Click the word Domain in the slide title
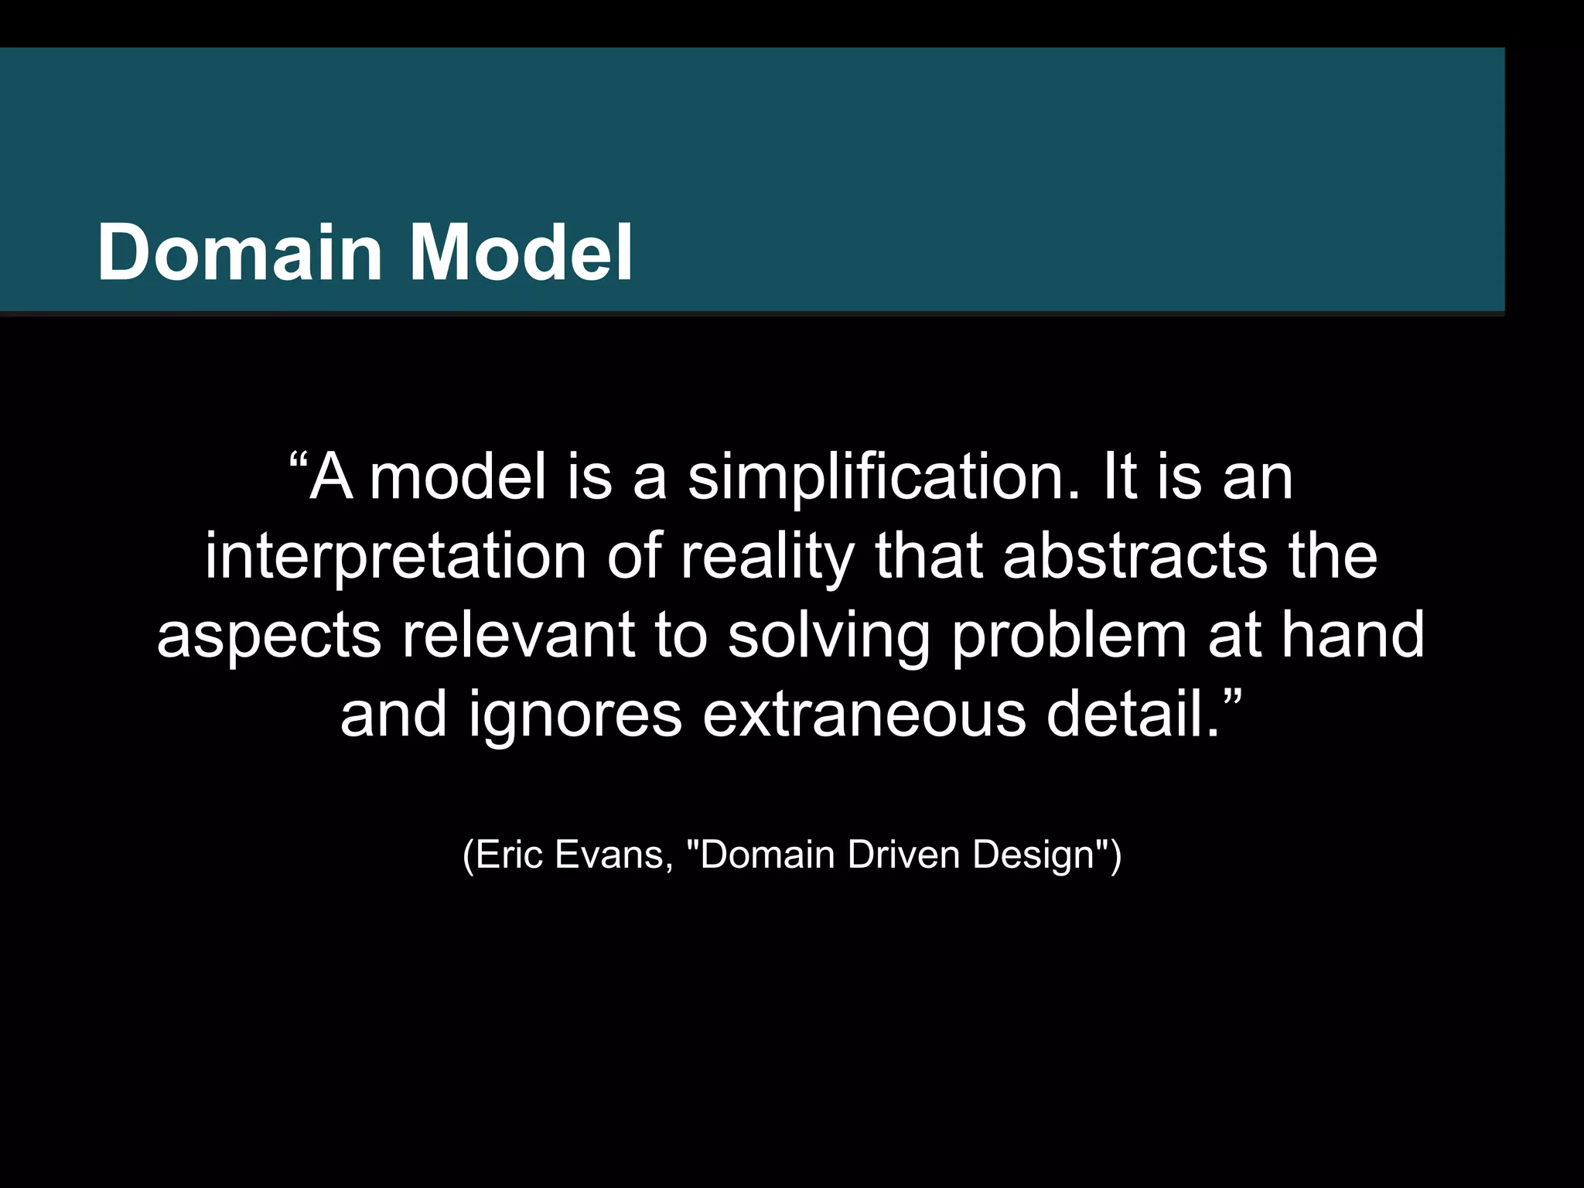(x=240, y=253)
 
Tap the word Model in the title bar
(x=521, y=253)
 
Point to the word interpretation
(x=395, y=557)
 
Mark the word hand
(x=1353, y=635)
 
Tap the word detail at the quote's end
(x=1125, y=713)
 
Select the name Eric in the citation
(x=507, y=855)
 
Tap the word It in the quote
(x=1118, y=477)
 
